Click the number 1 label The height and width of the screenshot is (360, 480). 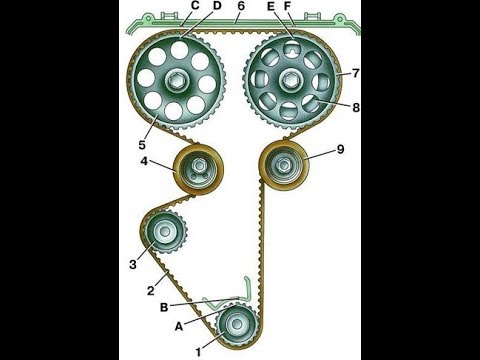[199, 352]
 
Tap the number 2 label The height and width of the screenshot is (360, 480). [151, 291]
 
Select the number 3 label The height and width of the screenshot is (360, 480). [133, 264]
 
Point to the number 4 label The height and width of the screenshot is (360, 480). [144, 161]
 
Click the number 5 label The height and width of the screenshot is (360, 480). [142, 145]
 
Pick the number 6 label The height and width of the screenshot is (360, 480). [241, 6]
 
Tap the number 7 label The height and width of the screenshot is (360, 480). [356, 73]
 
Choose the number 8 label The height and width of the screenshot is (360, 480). [356, 108]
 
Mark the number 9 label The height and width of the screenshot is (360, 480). [340, 149]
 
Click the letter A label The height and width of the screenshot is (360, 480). [179, 327]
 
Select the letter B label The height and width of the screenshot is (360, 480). [164, 307]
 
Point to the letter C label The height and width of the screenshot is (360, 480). [195, 6]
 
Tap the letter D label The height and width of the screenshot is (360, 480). [217, 6]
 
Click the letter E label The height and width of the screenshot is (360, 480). [271, 6]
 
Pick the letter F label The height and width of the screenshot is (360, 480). [287, 6]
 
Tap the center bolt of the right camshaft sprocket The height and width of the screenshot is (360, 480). [288, 81]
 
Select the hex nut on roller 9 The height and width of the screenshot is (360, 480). [284, 165]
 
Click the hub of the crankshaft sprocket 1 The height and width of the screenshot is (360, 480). [237, 324]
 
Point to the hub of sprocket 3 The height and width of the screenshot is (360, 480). [164, 231]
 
